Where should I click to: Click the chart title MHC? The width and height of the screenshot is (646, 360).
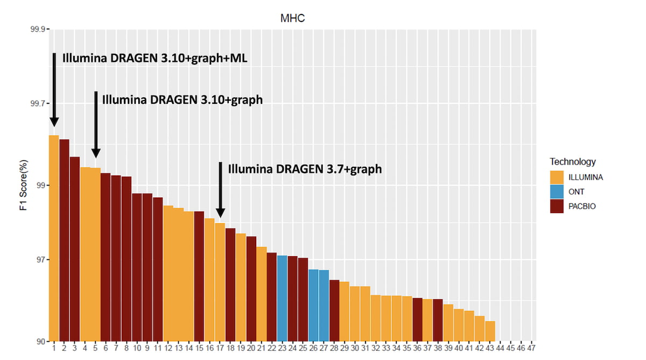293,18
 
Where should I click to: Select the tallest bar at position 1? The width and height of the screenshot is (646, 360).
54,237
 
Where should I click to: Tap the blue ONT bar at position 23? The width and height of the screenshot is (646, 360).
282,298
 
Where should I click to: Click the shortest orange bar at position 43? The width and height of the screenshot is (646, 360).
490,331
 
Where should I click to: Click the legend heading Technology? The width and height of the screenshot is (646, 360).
572,161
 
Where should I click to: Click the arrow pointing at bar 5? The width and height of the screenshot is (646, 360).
96,124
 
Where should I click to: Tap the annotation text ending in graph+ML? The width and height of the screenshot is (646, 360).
155,58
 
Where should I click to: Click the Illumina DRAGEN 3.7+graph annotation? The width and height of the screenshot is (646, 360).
305,168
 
